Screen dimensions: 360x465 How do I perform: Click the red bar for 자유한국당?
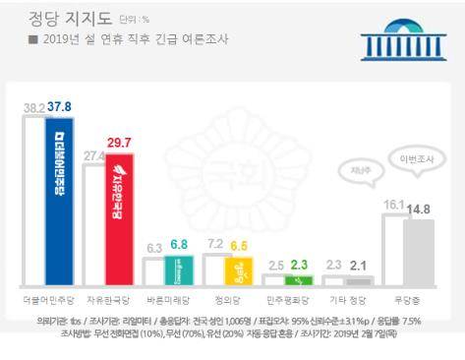(119, 220)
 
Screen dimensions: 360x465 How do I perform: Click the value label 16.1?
(393, 205)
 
